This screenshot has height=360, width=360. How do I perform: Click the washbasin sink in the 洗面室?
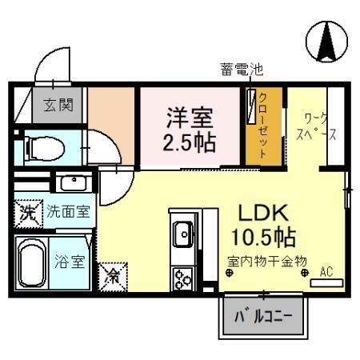[72, 182]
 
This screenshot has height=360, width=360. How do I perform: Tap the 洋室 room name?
[190, 118]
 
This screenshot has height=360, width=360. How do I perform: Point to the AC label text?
[326, 271]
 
